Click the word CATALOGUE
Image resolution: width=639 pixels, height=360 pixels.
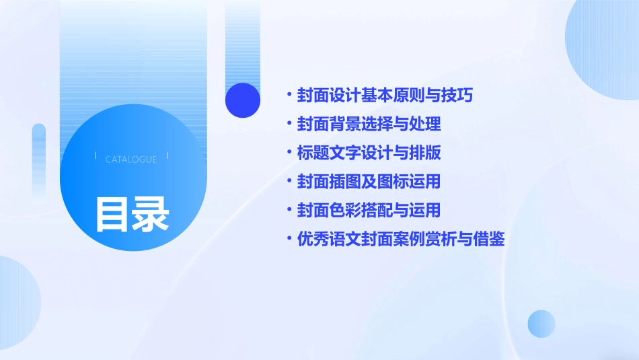point(131,159)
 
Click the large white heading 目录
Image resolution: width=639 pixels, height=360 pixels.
point(132,213)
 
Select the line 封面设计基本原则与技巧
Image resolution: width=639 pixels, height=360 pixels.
point(385,96)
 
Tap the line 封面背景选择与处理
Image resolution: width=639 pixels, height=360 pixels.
point(369,124)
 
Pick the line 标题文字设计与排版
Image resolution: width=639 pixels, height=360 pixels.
point(369,153)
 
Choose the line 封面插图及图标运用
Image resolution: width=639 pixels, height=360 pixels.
point(369,182)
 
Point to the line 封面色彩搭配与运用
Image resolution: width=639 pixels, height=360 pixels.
point(369,211)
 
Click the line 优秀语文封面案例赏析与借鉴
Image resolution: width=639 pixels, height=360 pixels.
point(401,239)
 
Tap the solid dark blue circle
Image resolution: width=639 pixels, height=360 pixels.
point(243,100)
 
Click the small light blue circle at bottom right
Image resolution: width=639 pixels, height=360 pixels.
point(541,324)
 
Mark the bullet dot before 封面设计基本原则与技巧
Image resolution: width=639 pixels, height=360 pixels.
point(289,96)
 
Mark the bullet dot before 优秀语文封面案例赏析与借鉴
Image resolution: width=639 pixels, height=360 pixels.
point(289,239)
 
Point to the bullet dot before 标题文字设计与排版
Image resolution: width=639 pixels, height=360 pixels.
point(289,153)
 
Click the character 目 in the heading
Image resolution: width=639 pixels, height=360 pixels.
point(112,213)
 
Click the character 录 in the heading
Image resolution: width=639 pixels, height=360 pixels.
point(151,213)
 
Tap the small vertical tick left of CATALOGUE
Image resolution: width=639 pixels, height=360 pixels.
point(96,156)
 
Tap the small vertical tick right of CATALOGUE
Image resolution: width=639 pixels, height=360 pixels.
point(167,156)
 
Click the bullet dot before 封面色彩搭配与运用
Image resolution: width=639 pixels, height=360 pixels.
point(289,211)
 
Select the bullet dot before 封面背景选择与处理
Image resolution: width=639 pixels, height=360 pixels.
point(289,124)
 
